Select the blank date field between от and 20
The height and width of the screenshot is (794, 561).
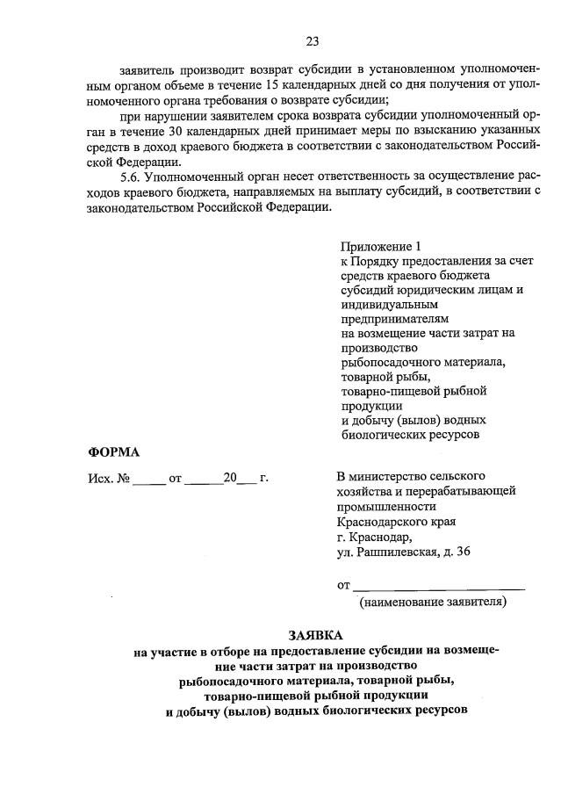[x=204, y=480]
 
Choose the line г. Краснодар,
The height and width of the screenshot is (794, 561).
[x=373, y=537]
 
